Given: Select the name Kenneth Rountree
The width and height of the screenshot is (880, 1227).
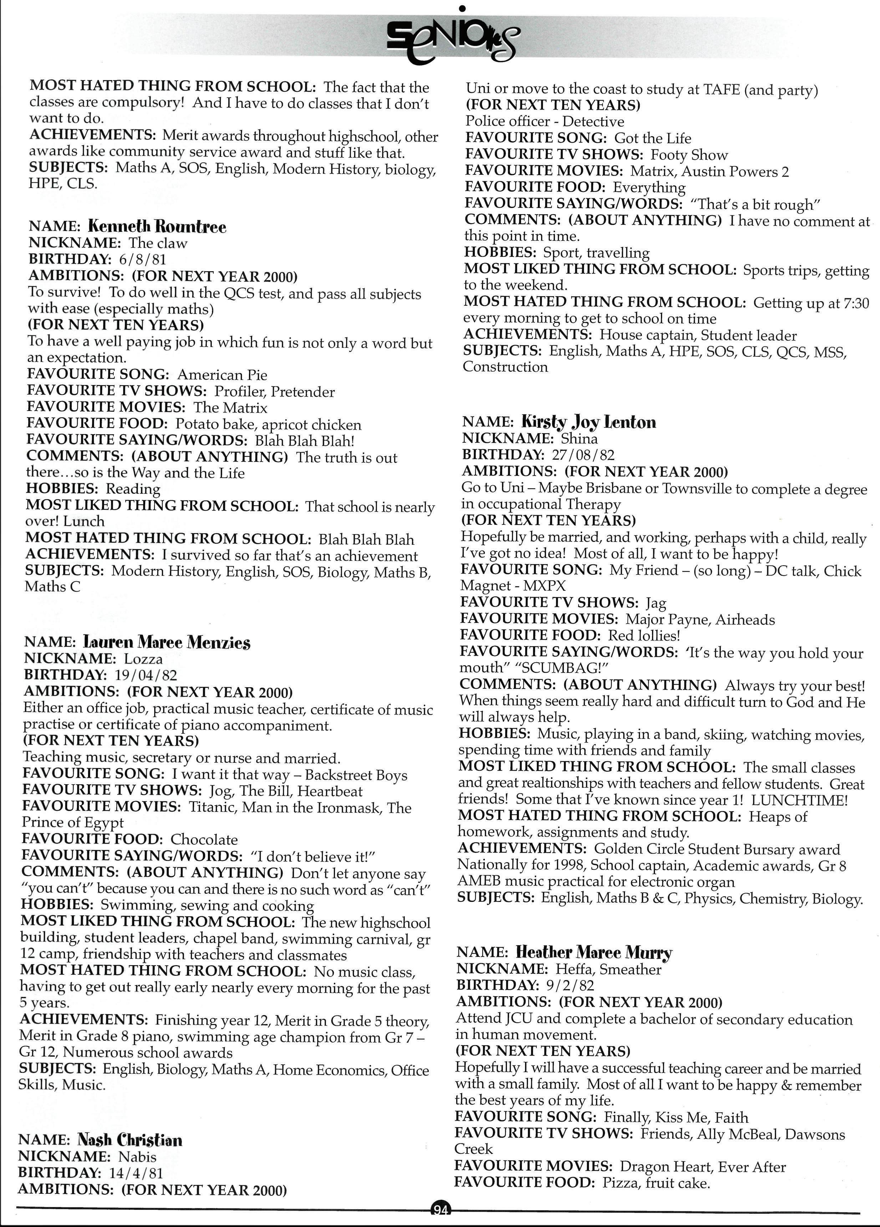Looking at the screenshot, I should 157,226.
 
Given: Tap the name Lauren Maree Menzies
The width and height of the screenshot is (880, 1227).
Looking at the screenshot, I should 167,642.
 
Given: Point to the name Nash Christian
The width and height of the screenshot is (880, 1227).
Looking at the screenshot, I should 130,1140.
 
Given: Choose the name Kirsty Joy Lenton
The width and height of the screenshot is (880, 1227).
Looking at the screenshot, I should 589,422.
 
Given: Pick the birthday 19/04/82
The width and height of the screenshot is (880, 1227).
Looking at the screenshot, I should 146,675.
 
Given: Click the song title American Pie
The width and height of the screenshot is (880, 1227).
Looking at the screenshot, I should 222,375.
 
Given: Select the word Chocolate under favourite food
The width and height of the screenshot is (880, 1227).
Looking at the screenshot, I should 204,839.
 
